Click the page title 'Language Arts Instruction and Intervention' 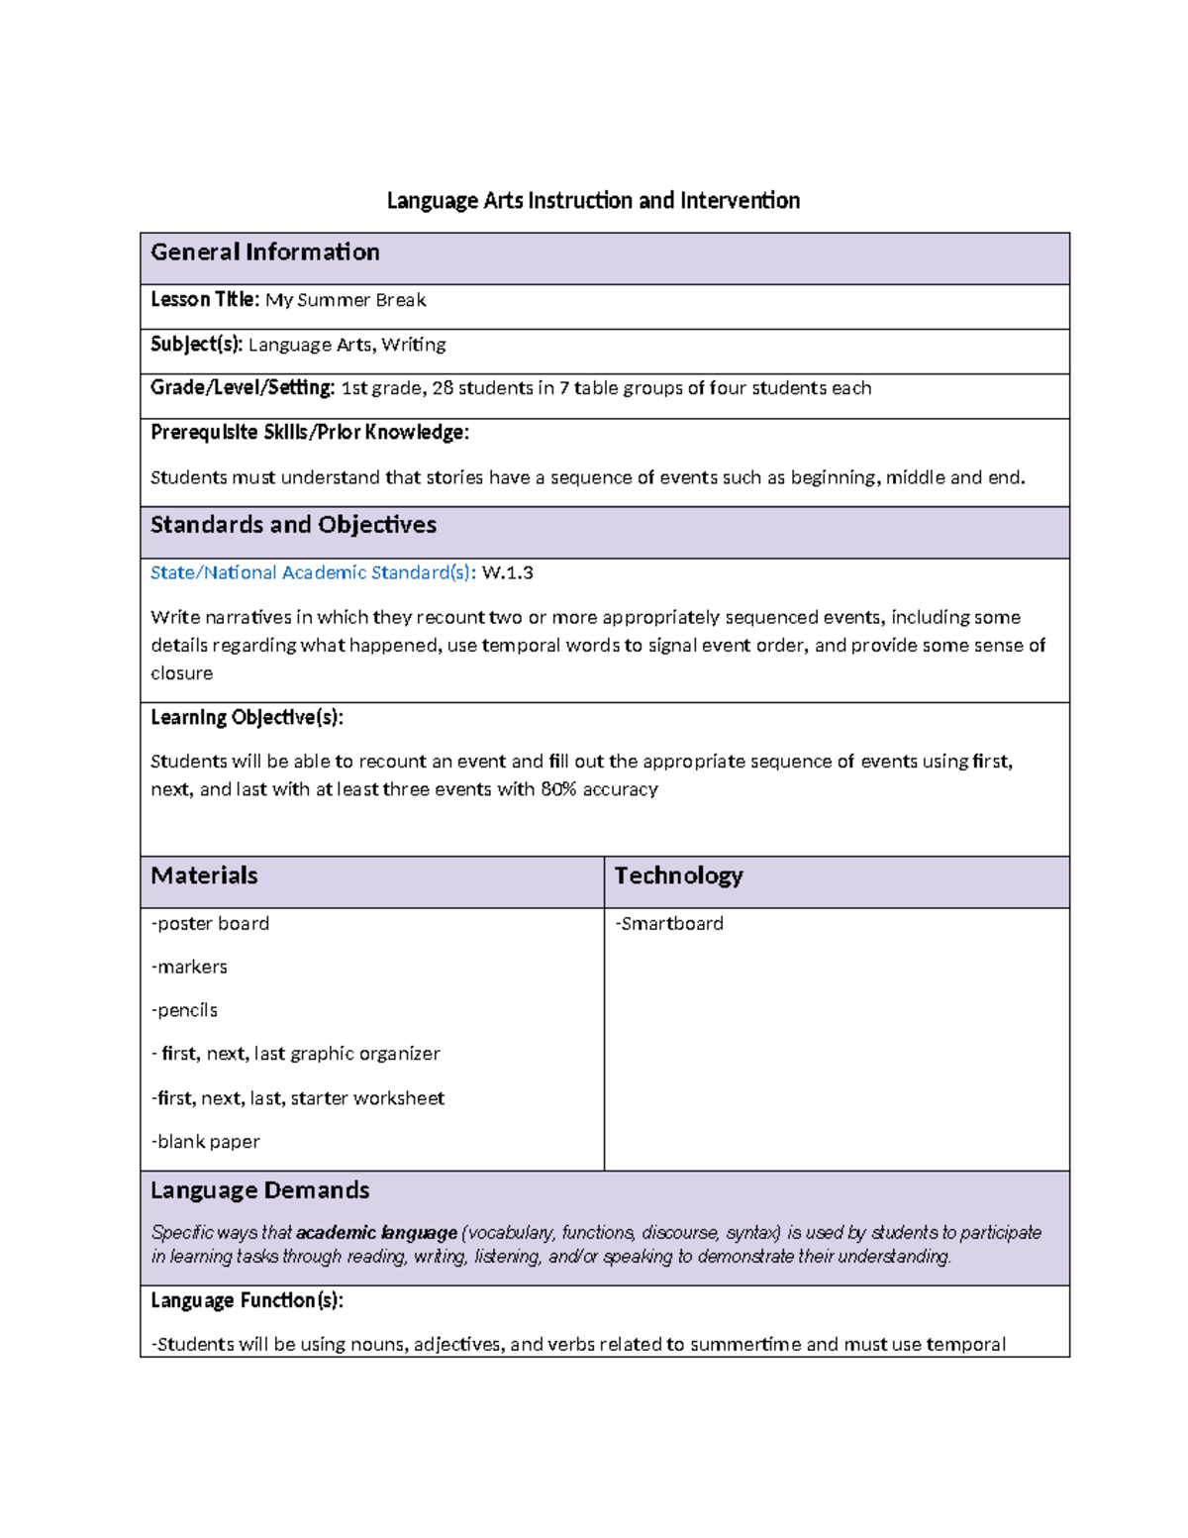click(593, 201)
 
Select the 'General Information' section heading click(264, 253)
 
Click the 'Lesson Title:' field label click(204, 300)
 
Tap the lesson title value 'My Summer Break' click(346, 300)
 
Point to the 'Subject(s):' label click(196, 345)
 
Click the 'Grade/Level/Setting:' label click(243, 388)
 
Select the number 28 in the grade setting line click(442, 388)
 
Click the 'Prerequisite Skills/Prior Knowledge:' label click(309, 433)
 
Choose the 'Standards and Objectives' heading click(293, 525)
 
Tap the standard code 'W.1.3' click(507, 572)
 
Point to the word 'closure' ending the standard click(181, 673)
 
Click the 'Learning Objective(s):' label click(247, 717)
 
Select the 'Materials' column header click(204, 875)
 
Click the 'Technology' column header click(678, 875)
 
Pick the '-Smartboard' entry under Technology click(669, 923)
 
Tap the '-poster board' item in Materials click(210, 923)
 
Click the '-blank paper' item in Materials click(205, 1142)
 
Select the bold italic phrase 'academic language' click(376, 1233)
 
